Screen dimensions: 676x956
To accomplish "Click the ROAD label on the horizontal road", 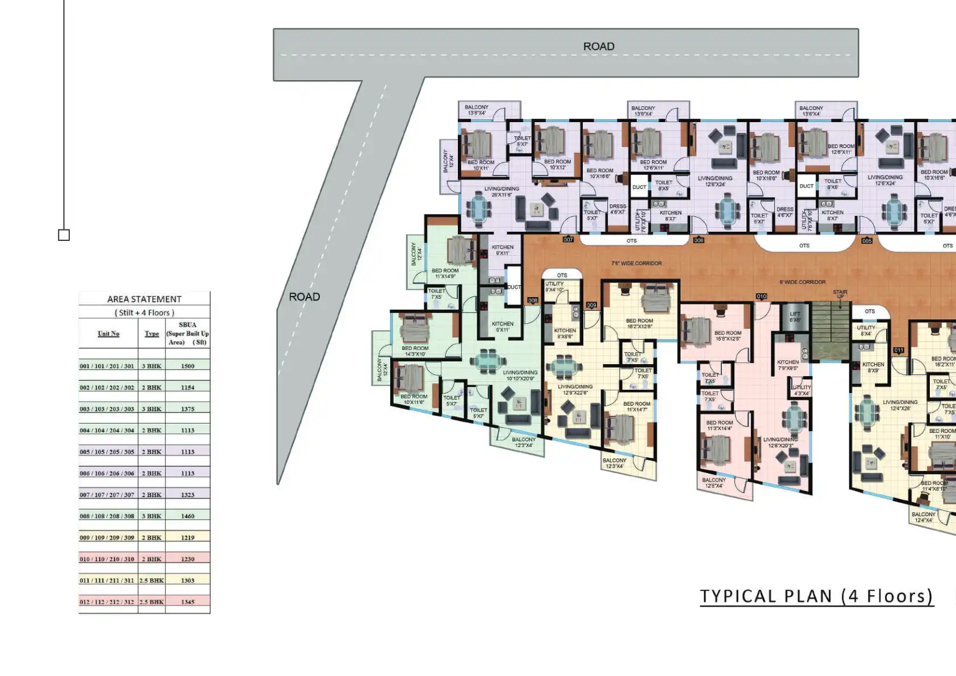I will [599, 47].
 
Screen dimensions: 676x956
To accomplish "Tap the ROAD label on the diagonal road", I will [304, 297].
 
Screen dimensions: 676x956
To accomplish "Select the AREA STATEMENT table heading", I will [144, 299].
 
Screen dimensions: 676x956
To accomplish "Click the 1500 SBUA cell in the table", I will [187, 366].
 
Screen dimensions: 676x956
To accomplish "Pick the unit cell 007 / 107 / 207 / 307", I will [107, 495].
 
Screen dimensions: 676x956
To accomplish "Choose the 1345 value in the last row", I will [187, 602].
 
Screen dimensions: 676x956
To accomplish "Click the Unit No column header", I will [108, 333].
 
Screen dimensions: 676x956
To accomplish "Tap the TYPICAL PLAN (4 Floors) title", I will [816, 596].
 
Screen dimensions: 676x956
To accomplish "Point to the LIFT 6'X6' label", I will [795, 317].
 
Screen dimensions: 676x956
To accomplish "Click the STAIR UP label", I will [840, 294].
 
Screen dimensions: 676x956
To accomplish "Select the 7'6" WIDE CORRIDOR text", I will [636, 264].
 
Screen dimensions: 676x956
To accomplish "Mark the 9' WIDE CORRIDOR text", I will [802, 282].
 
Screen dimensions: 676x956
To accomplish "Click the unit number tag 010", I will [761, 297].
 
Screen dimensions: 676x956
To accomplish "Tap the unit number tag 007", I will [568, 240].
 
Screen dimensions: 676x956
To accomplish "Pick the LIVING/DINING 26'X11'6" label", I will [502, 192].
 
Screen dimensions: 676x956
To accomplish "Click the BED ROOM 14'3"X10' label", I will [415, 351].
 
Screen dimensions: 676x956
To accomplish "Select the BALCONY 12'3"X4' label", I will [523, 442].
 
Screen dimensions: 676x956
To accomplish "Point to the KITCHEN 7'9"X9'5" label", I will [787, 365].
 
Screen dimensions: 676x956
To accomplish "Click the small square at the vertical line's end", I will [64, 235].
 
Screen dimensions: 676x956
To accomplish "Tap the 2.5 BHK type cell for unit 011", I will [152, 581].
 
